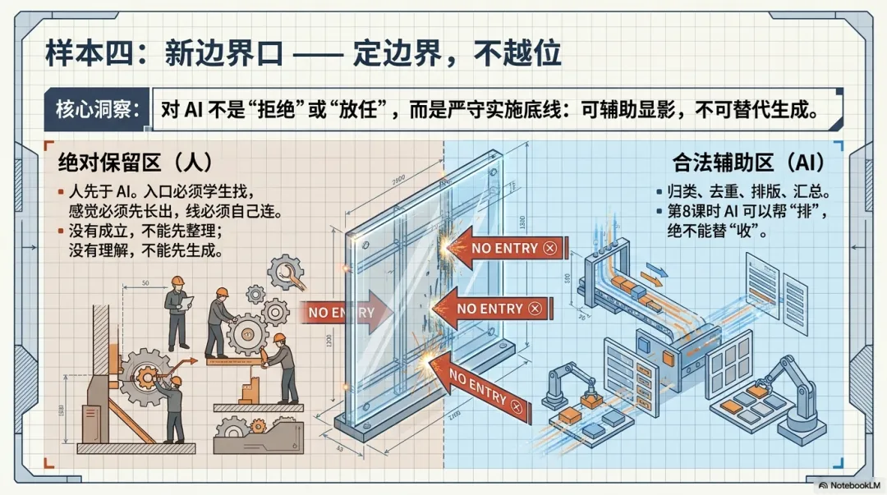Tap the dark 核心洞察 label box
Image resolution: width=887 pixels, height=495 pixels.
(97, 109)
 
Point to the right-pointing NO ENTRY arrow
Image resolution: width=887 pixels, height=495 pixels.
(345, 312)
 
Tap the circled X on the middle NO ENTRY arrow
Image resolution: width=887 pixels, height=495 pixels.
(535, 308)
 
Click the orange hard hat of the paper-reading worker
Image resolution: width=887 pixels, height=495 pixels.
(176, 281)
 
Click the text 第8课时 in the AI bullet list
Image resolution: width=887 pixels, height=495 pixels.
(689, 213)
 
